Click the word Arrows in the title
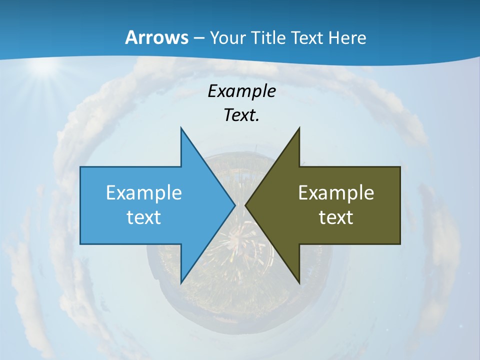point(156,37)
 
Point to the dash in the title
point(198,38)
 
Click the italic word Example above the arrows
point(242,91)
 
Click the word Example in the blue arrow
point(144,192)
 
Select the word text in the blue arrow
point(144,217)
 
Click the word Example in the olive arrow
point(336,192)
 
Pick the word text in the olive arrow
point(336,217)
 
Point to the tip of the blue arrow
point(234,205)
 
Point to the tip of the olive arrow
point(245,205)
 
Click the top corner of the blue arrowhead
point(181,128)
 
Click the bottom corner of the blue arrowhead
point(181,283)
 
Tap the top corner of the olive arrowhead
point(299,128)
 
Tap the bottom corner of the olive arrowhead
point(299,283)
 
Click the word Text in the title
point(309,37)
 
